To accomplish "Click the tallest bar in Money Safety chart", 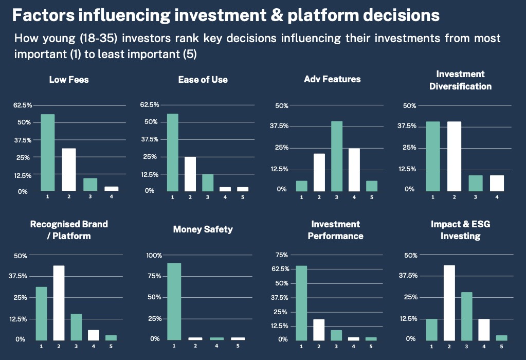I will tap(174, 301).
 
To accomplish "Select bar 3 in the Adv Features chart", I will tap(337, 156).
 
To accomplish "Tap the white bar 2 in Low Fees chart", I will tap(69, 170).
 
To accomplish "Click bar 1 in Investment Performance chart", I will tap(301, 302).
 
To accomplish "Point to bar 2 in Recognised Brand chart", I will tap(59, 302).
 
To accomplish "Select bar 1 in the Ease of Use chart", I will tap(172, 152).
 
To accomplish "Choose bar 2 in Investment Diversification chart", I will tap(454, 156).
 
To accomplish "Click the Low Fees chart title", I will tap(68, 79).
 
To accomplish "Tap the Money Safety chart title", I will tap(203, 229).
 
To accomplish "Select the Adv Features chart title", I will tap(332, 79).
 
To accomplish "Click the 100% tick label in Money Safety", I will tap(154, 255).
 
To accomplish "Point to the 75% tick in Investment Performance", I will tap(282, 255).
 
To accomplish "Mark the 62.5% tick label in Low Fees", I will tap(23, 105).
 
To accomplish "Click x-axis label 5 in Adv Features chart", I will tap(372, 197).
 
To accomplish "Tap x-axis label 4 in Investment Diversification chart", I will tap(496, 197).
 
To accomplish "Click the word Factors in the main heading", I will tap(41, 15).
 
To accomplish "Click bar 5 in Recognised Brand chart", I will tap(111, 337).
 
